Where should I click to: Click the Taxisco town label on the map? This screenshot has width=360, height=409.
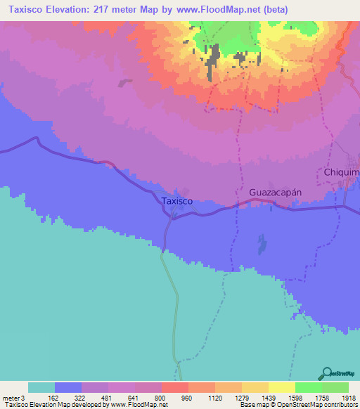(176, 201)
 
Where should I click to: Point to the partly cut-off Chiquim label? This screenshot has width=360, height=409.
(342, 172)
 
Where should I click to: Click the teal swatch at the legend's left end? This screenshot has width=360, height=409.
(41, 387)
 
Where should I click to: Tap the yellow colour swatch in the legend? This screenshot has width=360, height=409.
(281, 387)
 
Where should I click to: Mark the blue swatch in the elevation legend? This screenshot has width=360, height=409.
(67, 387)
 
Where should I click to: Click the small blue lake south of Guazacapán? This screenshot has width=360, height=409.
(262, 245)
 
